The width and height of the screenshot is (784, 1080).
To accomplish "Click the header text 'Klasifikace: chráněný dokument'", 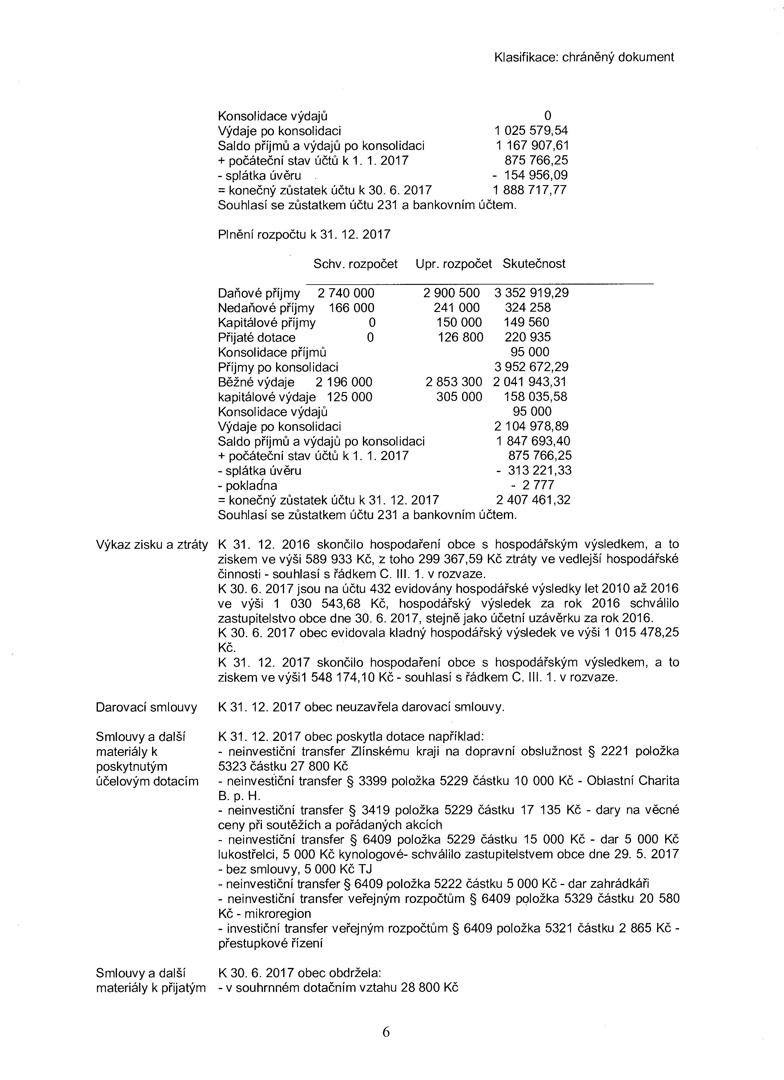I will pos(584,57).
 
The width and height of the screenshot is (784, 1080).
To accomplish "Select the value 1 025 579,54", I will pos(530,131).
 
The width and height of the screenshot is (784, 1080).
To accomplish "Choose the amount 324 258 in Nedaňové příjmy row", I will pos(527,308).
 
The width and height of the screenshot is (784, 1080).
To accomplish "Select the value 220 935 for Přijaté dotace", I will pos(527,337).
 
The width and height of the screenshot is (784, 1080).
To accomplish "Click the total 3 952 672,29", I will pos(531,367).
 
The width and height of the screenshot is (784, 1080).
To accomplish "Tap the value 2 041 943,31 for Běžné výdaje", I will pos(530,382).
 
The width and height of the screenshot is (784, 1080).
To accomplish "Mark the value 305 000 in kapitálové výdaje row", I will pos(459,397).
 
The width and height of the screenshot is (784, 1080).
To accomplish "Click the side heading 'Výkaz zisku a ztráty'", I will pos(152,545).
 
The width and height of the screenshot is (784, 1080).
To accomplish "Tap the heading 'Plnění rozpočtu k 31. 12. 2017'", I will pos(304,234).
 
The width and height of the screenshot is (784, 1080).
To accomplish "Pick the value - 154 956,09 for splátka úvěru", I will pos(529,175).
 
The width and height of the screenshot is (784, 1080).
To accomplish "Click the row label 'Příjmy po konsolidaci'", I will pos(278,367).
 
